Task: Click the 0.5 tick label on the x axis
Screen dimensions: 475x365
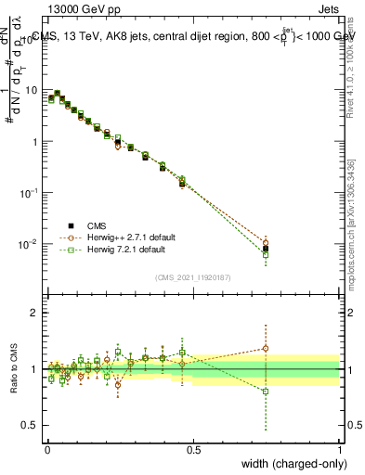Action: (x=194, y=447)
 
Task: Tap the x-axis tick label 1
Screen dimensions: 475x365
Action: (x=340, y=447)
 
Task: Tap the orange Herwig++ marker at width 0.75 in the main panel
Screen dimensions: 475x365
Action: (x=267, y=243)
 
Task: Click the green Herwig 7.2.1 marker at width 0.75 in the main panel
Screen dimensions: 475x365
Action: (x=267, y=254)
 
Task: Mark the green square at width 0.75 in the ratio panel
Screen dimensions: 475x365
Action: (x=267, y=392)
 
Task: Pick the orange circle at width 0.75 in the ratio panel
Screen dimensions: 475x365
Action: (x=267, y=349)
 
